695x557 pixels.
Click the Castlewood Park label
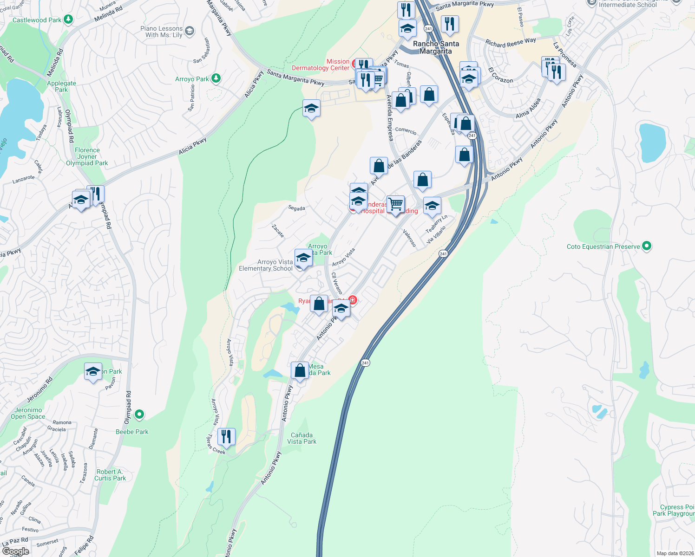(37, 20)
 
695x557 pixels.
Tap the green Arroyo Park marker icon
(216, 78)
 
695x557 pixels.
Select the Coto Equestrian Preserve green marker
(646, 246)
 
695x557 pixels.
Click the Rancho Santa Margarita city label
(436, 47)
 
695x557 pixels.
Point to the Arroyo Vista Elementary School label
(266, 265)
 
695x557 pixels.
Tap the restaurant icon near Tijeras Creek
(226, 436)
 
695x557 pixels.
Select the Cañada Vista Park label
(302, 438)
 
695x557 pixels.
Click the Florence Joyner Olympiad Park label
(87, 156)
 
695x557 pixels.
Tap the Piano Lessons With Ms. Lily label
(161, 32)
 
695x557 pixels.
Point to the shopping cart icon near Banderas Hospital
(395, 204)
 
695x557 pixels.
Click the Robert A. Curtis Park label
(110, 475)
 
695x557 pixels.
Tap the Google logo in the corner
(15, 551)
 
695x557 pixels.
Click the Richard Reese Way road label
(511, 43)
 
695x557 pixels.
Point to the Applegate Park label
(61, 86)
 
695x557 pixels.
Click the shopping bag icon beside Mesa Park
(300, 370)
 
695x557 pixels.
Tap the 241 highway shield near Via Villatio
(443, 253)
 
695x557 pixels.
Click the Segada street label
(296, 208)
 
